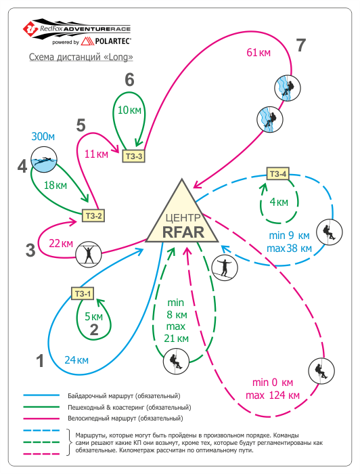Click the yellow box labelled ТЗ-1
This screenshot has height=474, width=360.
pyautogui.click(x=83, y=293)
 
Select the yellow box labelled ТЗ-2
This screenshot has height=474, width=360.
pyautogui.click(x=93, y=216)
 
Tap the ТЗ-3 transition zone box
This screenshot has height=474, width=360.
pyautogui.click(x=133, y=156)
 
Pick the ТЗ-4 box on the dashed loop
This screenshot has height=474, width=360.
pyautogui.click(x=278, y=174)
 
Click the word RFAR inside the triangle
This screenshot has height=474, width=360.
pyautogui.click(x=183, y=232)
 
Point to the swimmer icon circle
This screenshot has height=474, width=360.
pyautogui.click(x=44, y=160)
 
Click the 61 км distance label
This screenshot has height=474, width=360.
pyautogui.click(x=258, y=53)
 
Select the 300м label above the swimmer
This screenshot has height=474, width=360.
pyautogui.click(x=43, y=137)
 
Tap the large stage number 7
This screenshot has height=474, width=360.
pyautogui.click(x=301, y=45)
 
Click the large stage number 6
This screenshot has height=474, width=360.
pyautogui.click(x=129, y=80)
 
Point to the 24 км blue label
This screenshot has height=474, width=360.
pyautogui.click(x=76, y=360)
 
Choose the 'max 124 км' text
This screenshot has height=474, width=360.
pyautogui.click(x=273, y=395)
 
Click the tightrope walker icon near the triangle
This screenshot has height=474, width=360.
pyautogui.click(x=225, y=267)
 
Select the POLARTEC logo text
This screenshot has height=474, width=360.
pyautogui.click(x=113, y=41)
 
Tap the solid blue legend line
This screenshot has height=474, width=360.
pyautogui.click(x=41, y=395)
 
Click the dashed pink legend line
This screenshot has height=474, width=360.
pyautogui.click(x=41, y=454)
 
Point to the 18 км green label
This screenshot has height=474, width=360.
pyautogui.click(x=55, y=186)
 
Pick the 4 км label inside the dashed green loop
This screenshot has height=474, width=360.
pyautogui.click(x=279, y=202)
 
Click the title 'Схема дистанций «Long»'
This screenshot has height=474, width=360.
pyautogui.click(x=81, y=57)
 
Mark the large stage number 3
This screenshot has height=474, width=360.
pyautogui.click(x=30, y=251)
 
